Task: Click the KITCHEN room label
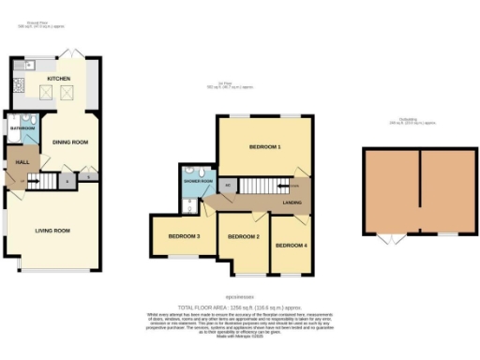(x=59, y=80)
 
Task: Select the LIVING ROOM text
(x=55, y=230)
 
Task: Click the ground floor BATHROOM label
(x=22, y=127)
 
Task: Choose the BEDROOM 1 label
(x=265, y=147)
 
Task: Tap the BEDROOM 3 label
(x=185, y=236)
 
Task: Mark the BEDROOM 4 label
(x=291, y=246)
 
